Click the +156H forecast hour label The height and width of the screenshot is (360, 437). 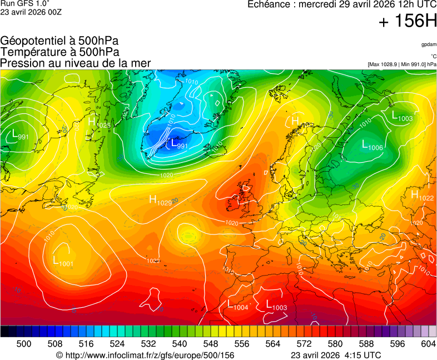(x=408, y=22)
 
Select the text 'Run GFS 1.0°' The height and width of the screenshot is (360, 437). (x=22, y=4)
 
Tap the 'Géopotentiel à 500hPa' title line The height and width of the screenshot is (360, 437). (x=59, y=41)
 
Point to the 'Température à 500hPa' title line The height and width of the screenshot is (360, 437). (x=59, y=52)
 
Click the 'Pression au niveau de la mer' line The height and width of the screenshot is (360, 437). (x=76, y=63)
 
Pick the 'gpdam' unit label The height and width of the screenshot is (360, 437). (x=429, y=44)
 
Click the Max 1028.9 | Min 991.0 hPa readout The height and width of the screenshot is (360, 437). (x=402, y=64)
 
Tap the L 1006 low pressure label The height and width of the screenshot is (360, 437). (x=372, y=146)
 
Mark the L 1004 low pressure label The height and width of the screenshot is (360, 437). (x=237, y=305)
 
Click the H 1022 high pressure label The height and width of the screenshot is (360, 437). (x=422, y=196)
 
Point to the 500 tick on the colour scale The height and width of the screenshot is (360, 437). (x=24, y=344)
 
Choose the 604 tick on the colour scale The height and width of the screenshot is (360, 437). (x=428, y=344)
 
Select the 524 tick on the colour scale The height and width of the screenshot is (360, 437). (x=117, y=344)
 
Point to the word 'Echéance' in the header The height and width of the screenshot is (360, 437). (x=271, y=4)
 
